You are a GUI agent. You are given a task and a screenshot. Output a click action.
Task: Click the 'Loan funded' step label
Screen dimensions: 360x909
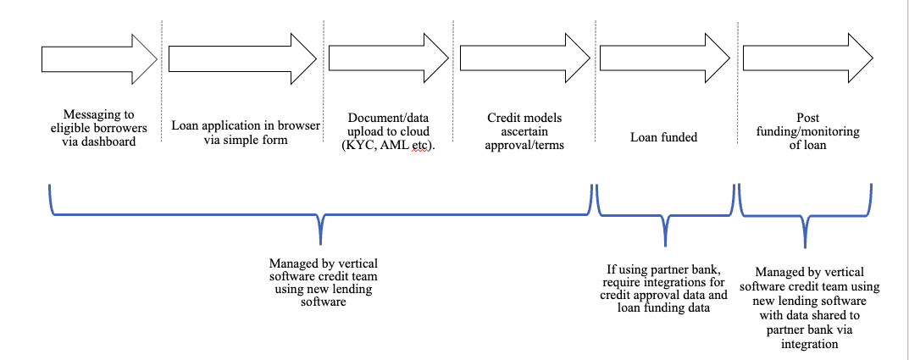click(x=663, y=136)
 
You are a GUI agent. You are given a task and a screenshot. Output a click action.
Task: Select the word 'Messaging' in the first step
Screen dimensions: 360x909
click(x=99, y=114)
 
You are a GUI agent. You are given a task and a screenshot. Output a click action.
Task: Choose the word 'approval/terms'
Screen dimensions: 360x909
click(x=524, y=145)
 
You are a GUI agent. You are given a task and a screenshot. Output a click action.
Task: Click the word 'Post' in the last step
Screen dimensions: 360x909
click(x=807, y=118)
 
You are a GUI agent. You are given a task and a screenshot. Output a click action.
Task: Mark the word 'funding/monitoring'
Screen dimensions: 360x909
click(x=807, y=131)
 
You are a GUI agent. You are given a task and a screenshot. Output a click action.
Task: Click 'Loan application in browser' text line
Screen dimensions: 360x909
click(x=246, y=125)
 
